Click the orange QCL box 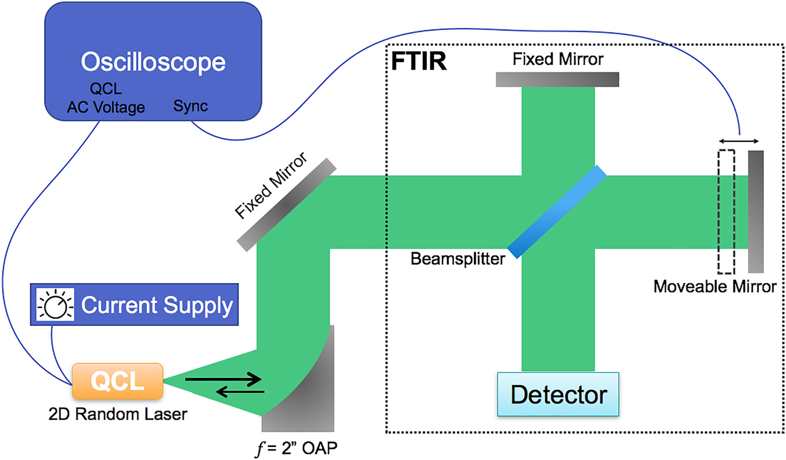(x=117, y=381)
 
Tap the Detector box (x=559, y=394)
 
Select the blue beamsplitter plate (x=557, y=212)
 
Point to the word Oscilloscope (x=153, y=63)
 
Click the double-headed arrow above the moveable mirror (x=739, y=141)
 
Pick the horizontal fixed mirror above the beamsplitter (x=557, y=79)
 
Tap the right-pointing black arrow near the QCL (x=223, y=378)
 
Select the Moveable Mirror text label (x=715, y=287)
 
